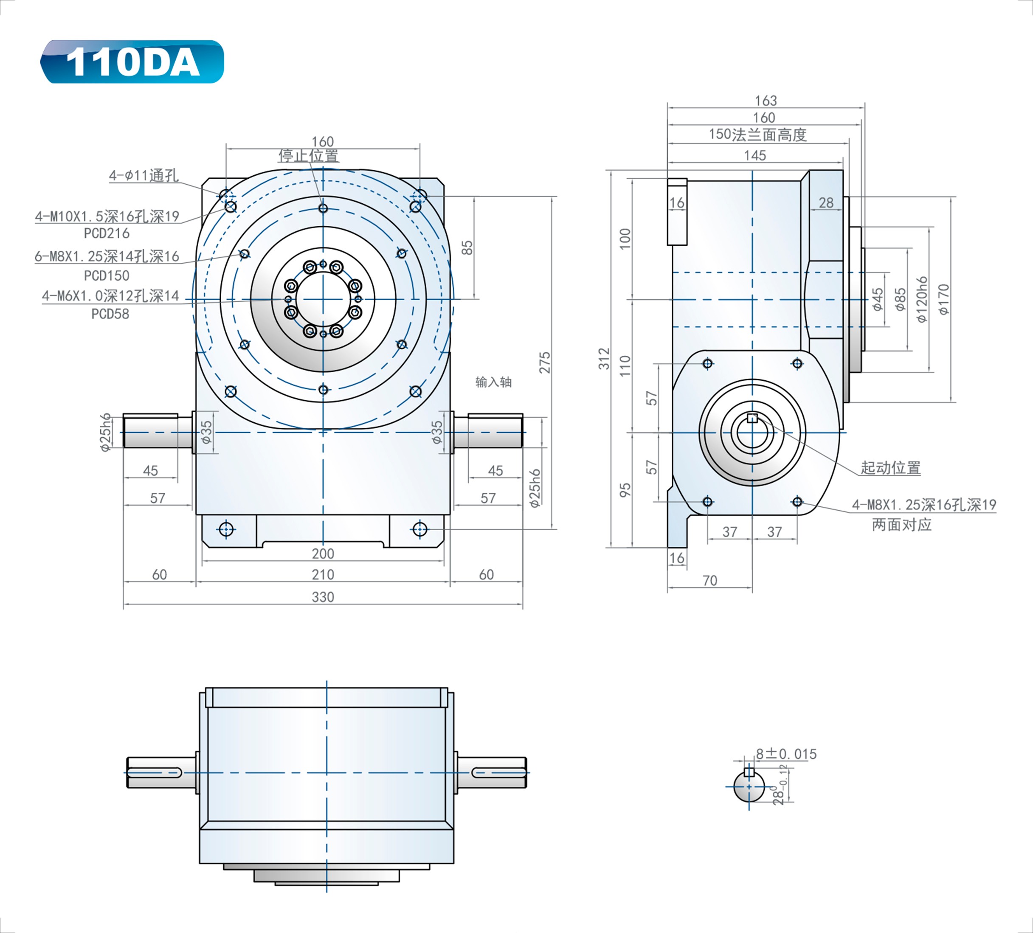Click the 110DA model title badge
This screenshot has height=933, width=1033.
coord(132,62)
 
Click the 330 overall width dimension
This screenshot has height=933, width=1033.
coord(322,597)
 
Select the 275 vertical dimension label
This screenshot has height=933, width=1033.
coord(545,362)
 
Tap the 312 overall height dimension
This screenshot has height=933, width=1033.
coord(605,358)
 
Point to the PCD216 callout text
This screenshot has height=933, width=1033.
coord(107,233)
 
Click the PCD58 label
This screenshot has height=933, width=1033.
coord(110,314)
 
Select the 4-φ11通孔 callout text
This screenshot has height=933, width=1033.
coord(144,176)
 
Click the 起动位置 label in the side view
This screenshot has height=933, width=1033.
coord(890,468)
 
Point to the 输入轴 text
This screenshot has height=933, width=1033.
coord(493,382)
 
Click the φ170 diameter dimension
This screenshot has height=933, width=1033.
coord(944,299)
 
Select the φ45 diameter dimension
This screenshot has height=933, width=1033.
coord(878,299)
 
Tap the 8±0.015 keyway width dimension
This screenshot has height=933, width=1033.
coord(786,754)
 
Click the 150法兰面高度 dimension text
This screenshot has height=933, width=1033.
coord(757,135)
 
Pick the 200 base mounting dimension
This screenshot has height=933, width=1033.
coord(322,554)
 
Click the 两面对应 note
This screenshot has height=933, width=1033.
coord(901,525)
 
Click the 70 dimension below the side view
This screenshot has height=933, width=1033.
coord(709,581)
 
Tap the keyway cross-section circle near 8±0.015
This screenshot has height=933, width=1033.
coord(749,787)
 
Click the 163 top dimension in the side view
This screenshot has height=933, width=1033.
coord(766,101)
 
